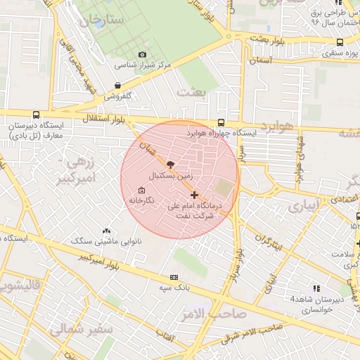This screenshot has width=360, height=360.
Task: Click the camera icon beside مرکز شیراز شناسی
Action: pyautogui.click(x=143, y=54)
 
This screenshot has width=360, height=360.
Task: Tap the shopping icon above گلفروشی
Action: pyautogui.click(x=117, y=86)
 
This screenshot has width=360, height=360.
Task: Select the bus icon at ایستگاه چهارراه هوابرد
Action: pyautogui.click(x=222, y=122)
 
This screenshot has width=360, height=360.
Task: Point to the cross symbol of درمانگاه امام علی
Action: pyautogui.click(x=195, y=195)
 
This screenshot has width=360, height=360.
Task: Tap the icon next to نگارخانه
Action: pyautogui.click(x=142, y=191)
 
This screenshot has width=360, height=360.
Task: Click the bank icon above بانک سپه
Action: pyautogui.click(x=174, y=278)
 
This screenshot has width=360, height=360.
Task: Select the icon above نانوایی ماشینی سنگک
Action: pyautogui.click(x=107, y=231)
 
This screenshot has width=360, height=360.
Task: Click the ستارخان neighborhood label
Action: pyautogui.click(x=101, y=20)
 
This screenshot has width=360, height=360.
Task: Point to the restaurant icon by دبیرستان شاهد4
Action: pyautogui.click(x=316, y=288)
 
